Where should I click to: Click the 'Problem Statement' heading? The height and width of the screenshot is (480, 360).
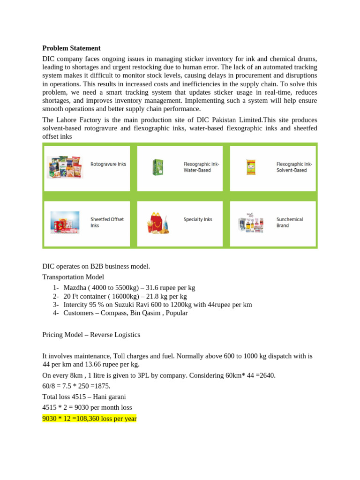point(71,48)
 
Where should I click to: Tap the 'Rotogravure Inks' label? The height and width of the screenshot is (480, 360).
point(108,165)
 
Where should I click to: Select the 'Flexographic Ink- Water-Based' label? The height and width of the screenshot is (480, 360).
point(201,167)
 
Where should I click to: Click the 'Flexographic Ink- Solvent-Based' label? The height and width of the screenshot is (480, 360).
point(294,167)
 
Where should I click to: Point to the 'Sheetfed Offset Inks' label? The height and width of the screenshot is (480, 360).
point(107,222)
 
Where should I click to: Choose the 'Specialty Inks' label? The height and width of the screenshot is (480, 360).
point(198,219)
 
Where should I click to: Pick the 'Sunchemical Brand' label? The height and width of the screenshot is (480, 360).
point(289,222)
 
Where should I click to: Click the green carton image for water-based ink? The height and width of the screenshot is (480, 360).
point(157,167)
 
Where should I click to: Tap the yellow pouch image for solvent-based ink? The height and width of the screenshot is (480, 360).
point(251,167)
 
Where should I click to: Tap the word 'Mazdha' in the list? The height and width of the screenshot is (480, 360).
point(75,287)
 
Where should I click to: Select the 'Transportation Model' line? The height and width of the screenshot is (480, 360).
point(73,277)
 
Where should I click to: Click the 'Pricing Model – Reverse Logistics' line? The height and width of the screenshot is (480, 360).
point(91,335)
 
